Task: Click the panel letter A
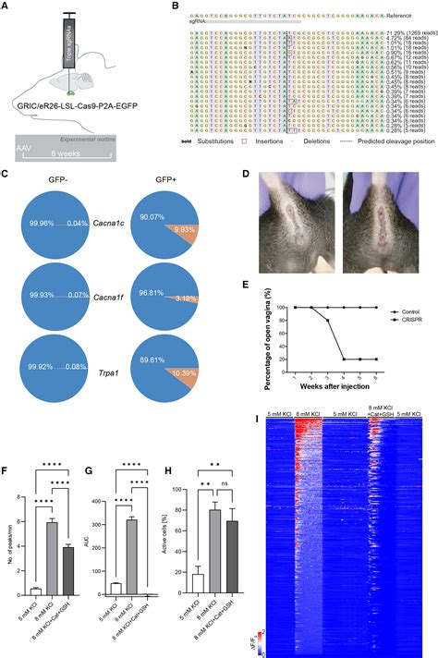coord(6,6)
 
